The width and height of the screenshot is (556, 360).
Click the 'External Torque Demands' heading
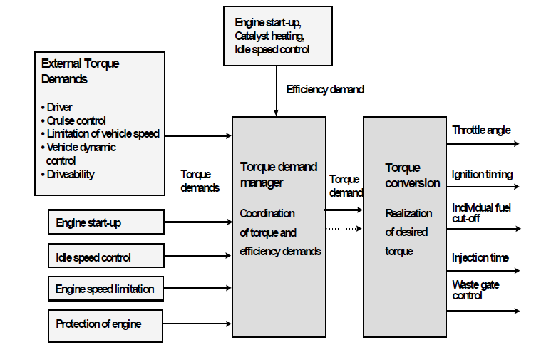[81, 71]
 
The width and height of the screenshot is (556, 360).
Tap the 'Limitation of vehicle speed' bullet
[103, 134]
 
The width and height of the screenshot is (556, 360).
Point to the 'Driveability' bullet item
[71, 174]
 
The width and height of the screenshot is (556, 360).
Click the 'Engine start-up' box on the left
[106, 222]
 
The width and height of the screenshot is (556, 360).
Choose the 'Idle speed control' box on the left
[106, 257]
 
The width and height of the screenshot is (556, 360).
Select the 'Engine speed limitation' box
[106, 289]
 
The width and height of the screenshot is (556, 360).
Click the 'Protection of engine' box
[106, 324]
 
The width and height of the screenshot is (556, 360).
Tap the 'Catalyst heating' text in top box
[271, 35]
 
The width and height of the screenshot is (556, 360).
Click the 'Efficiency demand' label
[325, 90]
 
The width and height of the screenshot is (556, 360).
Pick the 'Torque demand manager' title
[279, 175]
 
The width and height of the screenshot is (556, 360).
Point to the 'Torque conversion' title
[412, 175]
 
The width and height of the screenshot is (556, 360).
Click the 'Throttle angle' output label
[481, 130]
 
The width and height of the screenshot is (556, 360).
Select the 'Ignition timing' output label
[482, 175]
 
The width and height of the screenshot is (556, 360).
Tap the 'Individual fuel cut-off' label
[481, 212]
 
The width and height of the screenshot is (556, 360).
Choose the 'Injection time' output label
[480, 257]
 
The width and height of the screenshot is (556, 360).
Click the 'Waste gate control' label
[475, 289]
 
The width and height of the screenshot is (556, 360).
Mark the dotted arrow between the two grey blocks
[344, 229]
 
